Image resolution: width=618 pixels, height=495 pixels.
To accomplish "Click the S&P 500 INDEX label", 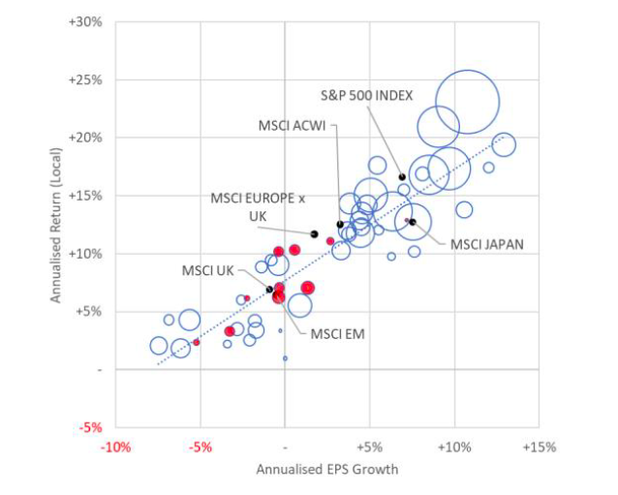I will coord(367,95).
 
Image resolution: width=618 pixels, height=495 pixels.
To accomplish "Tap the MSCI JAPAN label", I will coord(486,244).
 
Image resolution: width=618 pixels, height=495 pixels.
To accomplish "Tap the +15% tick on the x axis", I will coord(538,448).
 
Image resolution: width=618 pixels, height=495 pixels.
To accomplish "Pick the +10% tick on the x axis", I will coord(453,448).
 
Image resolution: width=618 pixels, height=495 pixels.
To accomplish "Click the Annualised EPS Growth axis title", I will coord(326,469).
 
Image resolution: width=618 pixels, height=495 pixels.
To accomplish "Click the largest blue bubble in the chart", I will coord(467,102).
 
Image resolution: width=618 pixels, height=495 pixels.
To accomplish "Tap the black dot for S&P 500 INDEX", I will coord(402,177).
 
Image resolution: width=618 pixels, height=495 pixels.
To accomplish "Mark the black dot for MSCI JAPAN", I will coord(412,222).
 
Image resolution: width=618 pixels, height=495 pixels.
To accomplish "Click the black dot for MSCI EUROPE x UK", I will coord(314,233).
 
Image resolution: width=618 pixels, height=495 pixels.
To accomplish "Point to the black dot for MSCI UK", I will coord(269,290).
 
